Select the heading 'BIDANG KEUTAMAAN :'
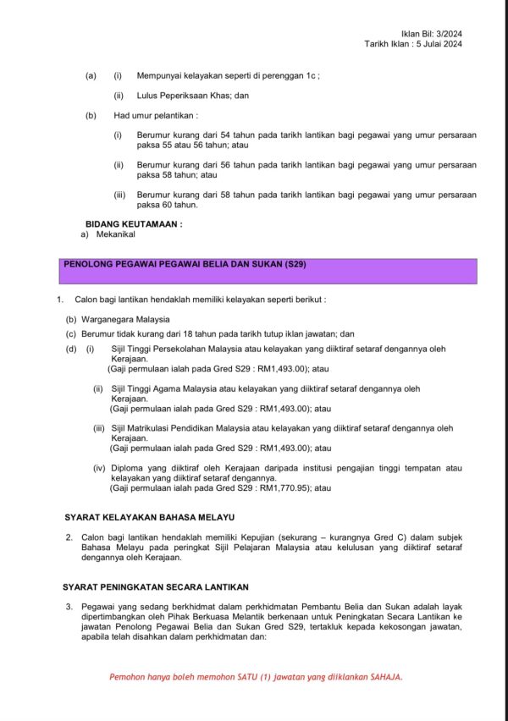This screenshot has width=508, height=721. coord(134,224)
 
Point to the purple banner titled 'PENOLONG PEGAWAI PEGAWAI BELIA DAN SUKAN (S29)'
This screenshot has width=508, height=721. coord(270,271)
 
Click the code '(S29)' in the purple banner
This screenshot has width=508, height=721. coord(290,264)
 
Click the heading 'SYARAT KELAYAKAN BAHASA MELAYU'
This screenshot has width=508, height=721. coord(150,516)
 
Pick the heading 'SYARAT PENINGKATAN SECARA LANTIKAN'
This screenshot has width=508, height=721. coord(156,586)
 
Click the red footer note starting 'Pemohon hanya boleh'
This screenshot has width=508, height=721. coord(256,677)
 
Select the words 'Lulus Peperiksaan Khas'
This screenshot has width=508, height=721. coord(181,96)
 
